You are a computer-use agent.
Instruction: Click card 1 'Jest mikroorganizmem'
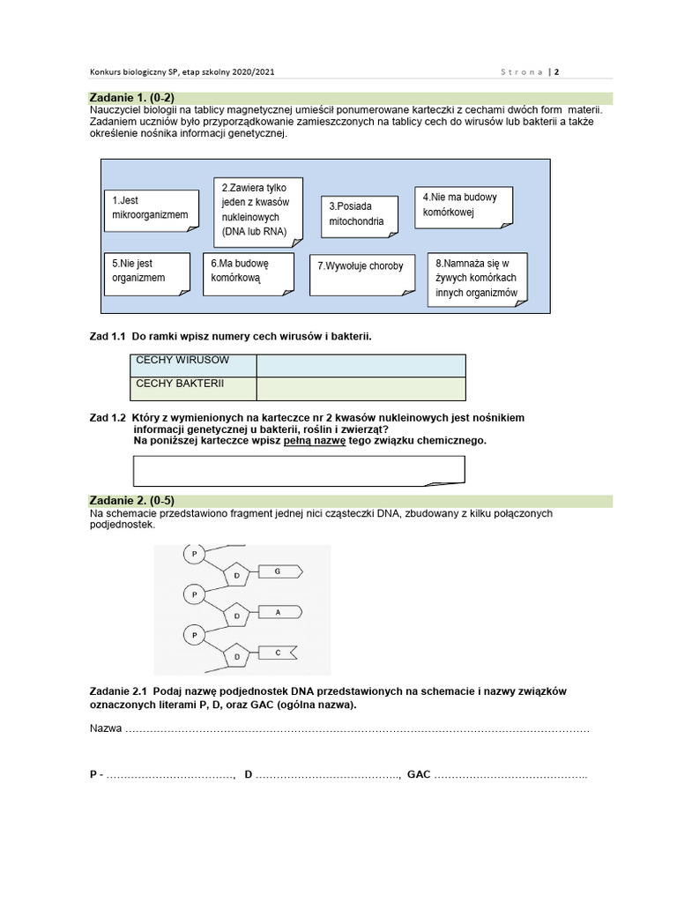[150, 208]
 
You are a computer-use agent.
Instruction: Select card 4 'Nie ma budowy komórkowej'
[463, 205]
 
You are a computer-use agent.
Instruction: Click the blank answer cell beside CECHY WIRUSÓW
[361, 365]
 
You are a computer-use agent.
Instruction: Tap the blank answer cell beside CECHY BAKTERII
[361, 388]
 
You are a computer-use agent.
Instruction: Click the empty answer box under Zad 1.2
[298, 471]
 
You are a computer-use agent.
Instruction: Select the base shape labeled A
[278, 611]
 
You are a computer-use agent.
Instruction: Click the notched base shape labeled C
[278, 653]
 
